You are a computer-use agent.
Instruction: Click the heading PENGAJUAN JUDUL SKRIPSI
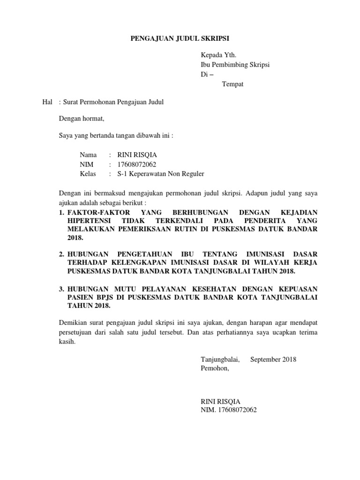[x=180, y=38]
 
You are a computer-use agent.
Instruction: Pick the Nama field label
[x=88, y=155]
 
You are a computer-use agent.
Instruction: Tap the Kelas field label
[x=88, y=174]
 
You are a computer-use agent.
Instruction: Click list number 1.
[x=61, y=212]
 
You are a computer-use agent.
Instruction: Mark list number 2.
[x=61, y=254]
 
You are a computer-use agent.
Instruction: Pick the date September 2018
[x=273, y=360]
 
